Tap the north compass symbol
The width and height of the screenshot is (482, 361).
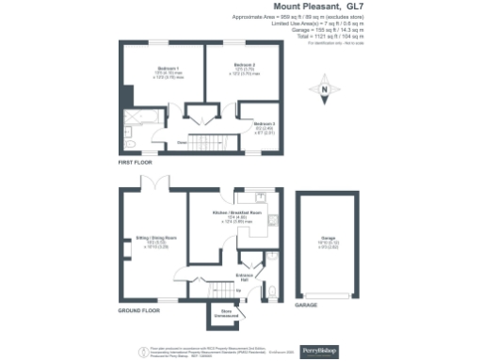tap(326, 92)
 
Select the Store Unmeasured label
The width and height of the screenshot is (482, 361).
tap(227, 313)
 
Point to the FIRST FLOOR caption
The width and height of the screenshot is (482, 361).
tap(135, 163)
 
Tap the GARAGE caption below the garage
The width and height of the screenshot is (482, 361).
tap(307, 306)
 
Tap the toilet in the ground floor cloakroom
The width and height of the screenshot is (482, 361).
tap(272, 293)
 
